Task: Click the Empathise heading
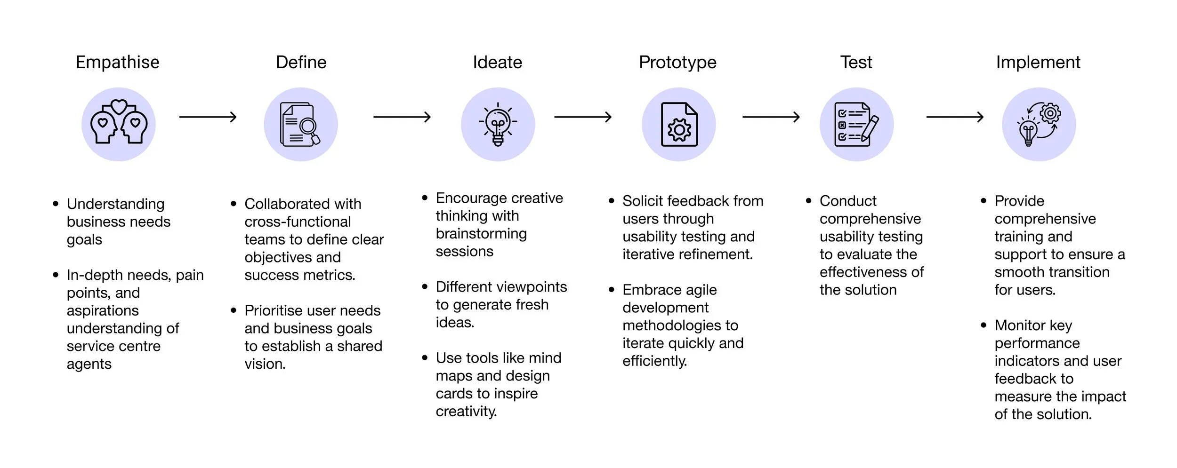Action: pyautogui.click(x=118, y=63)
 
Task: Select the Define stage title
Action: pyautogui.click(x=301, y=62)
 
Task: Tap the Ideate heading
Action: pyautogui.click(x=498, y=62)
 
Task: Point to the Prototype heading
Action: pyautogui.click(x=677, y=63)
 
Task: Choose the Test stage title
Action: pyautogui.click(x=856, y=62)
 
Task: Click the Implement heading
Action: pyautogui.click(x=1038, y=63)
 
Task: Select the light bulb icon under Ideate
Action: pyautogui.click(x=498, y=125)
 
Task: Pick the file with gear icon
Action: pyautogui.click(x=679, y=125)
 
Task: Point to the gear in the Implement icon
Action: pyautogui.click(x=1050, y=113)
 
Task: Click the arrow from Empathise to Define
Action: pyautogui.click(x=208, y=117)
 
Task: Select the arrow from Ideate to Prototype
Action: pyautogui.click(x=583, y=117)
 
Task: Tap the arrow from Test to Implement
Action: pyautogui.click(x=955, y=117)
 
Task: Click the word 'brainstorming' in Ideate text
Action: pyautogui.click(x=481, y=234)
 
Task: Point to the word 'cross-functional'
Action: pyautogui.click(x=298, y=222)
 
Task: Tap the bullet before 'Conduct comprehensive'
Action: pyautogui.click(x=809, y=201)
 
